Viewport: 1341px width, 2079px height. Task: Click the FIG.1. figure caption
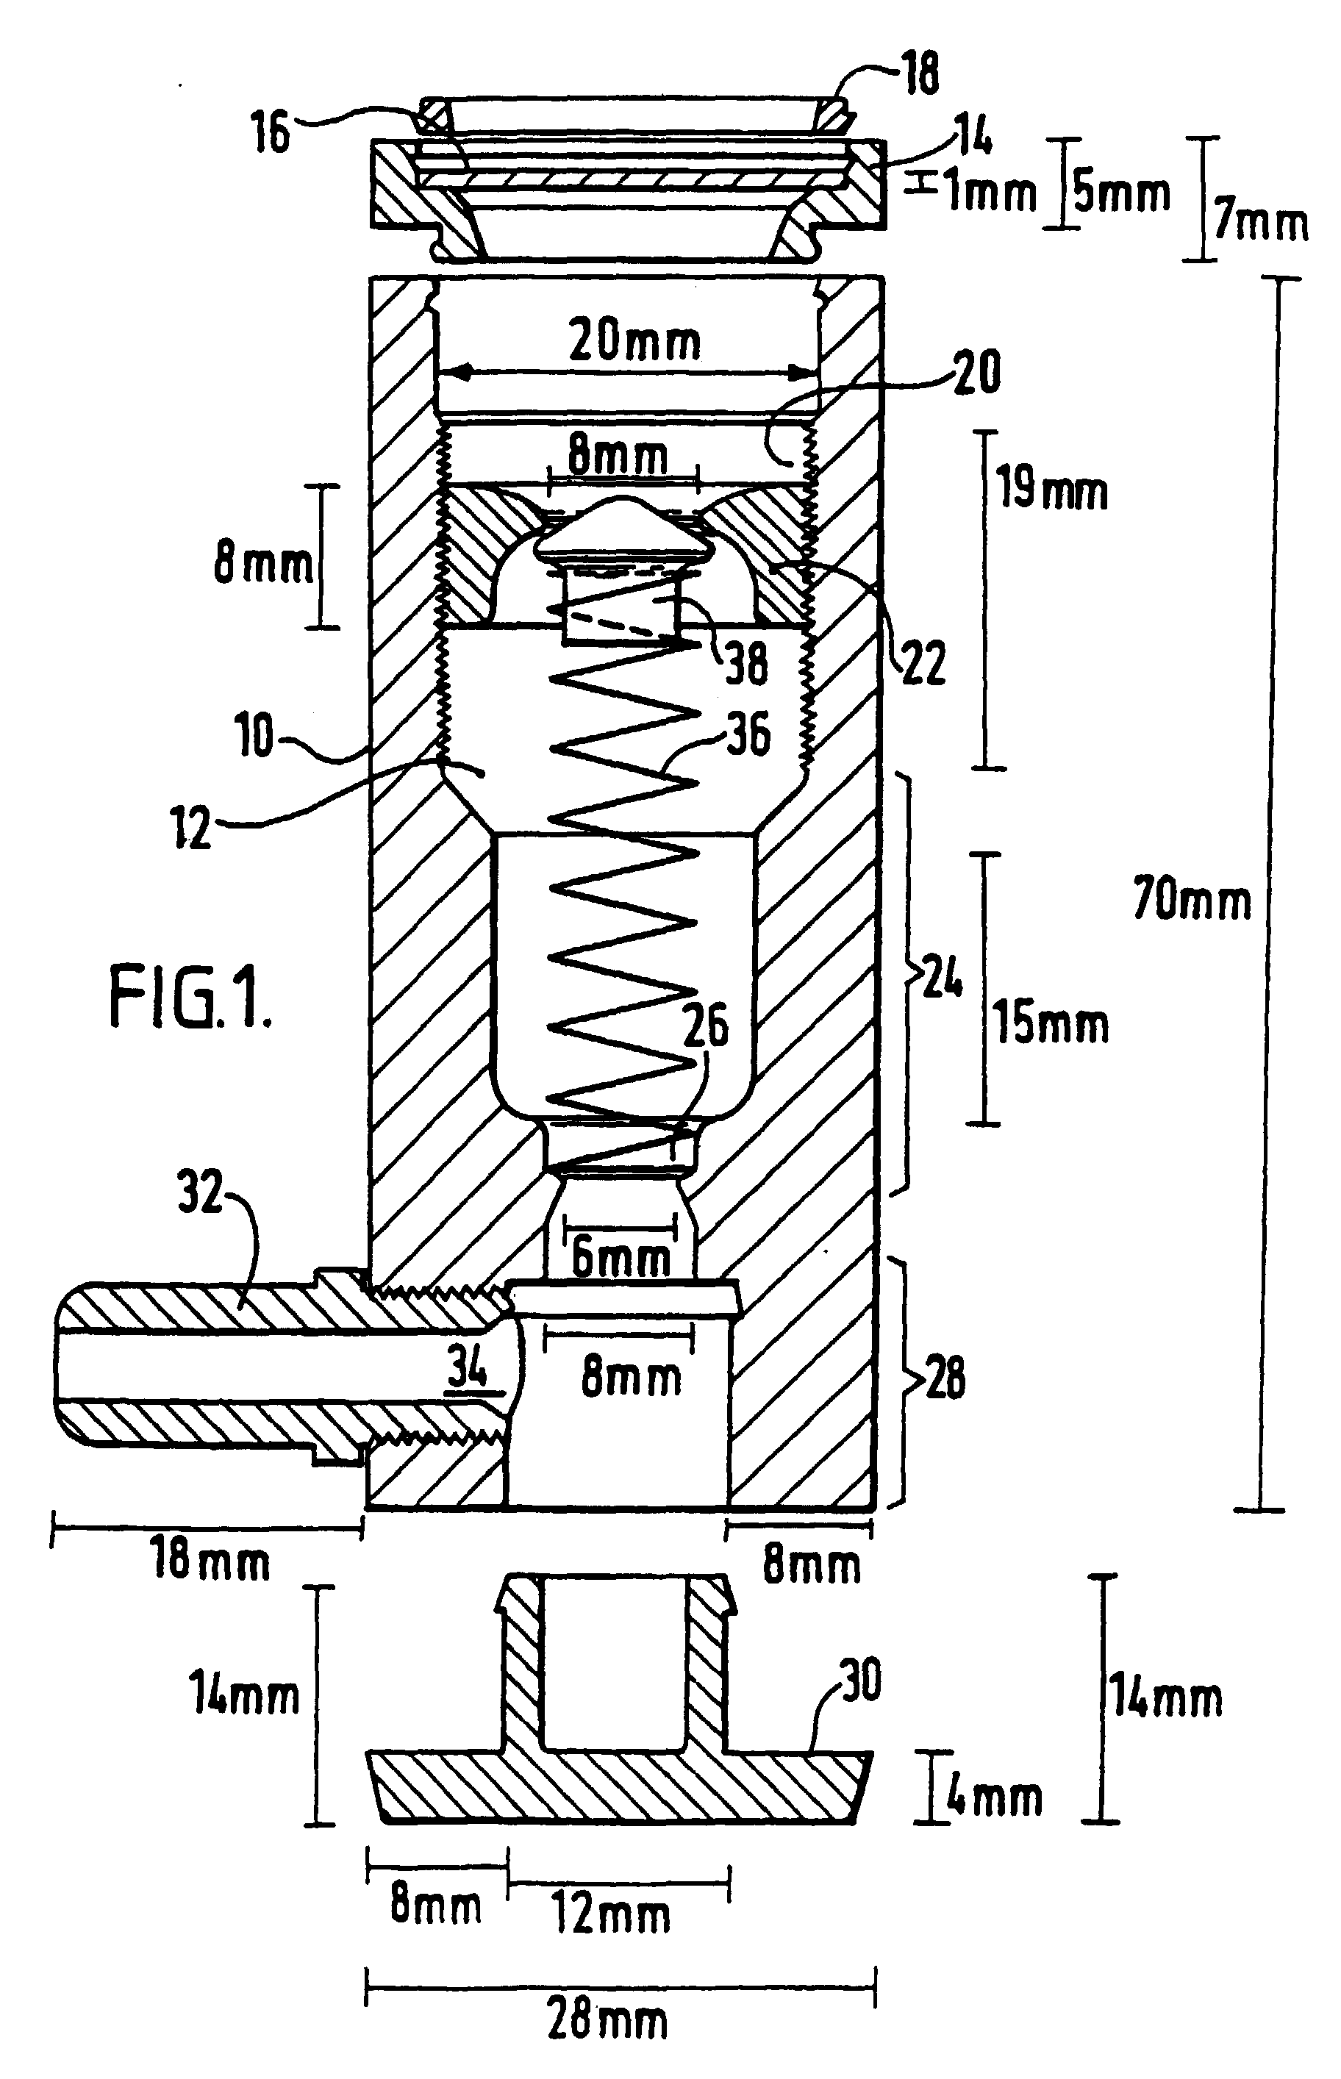190,998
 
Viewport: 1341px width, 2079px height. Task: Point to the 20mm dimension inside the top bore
634,340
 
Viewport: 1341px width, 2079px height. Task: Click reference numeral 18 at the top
920,74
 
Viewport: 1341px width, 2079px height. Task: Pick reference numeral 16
270,133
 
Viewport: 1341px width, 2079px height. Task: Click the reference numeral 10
254,736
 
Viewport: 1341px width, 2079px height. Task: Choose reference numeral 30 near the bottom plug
860,1681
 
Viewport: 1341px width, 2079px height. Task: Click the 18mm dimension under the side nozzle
210,1559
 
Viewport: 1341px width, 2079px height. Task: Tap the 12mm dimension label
612,1915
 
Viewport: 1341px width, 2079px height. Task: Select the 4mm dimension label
993,1797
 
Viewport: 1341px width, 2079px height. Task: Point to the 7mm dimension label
1260,222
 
